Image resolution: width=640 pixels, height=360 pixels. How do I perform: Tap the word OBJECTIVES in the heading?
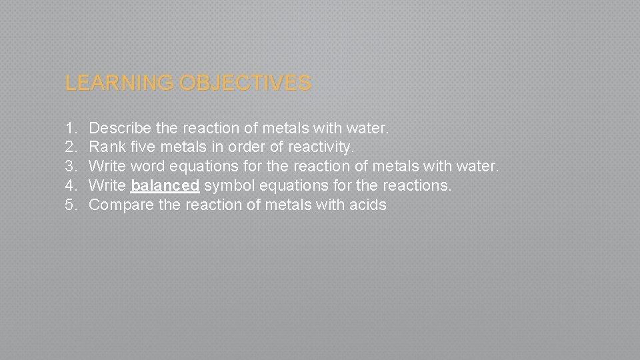click(x=245, y=83)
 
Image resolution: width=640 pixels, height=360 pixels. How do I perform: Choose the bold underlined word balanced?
click(x=165, y=185)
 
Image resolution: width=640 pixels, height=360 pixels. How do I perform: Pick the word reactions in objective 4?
click(x=417, y=185)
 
